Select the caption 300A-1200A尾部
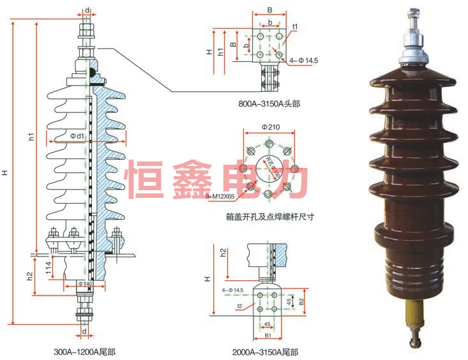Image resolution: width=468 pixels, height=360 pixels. click(x=85, y=351)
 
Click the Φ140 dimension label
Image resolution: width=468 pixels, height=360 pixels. click(x=85, y=283)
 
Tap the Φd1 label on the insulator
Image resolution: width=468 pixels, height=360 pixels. click(x=77, y=137)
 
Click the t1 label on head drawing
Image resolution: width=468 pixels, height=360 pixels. click(x=295, y=27)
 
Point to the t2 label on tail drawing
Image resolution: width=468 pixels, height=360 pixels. click(x=238, y=306)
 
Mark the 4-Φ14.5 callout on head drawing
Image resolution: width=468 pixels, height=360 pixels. click(x=304, y=61)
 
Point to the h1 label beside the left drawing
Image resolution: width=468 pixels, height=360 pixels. click(x=31, y=137)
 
